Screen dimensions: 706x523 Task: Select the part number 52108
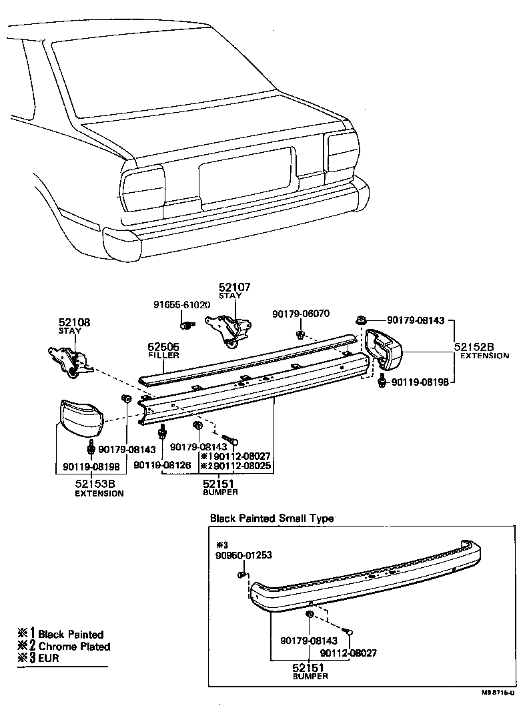(73, 322)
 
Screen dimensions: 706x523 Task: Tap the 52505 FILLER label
(163, 350)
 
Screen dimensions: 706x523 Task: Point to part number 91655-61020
(181, 305)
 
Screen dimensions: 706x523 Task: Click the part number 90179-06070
(301, 314)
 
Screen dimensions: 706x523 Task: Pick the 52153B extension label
(99, 485)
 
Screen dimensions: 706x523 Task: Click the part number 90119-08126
(163, 465)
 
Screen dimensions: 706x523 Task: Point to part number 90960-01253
(243, 555)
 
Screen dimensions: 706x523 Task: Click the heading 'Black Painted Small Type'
(272, 518)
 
